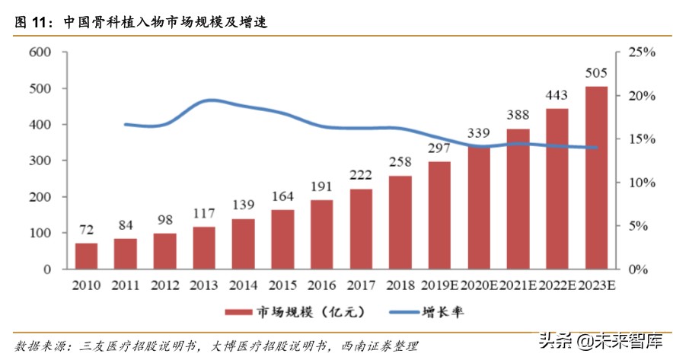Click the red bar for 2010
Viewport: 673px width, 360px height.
pos(86,256)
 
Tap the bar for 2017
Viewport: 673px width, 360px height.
pos(360,229)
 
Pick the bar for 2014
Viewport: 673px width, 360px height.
pos(243,244)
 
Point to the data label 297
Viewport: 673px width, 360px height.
pos(439,148)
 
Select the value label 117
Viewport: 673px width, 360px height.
pos(204,214)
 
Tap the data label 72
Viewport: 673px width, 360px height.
pos(87,230)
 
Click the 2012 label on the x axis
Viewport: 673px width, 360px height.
pos(164,285)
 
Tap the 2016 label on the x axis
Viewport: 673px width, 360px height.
pos(321,285)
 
